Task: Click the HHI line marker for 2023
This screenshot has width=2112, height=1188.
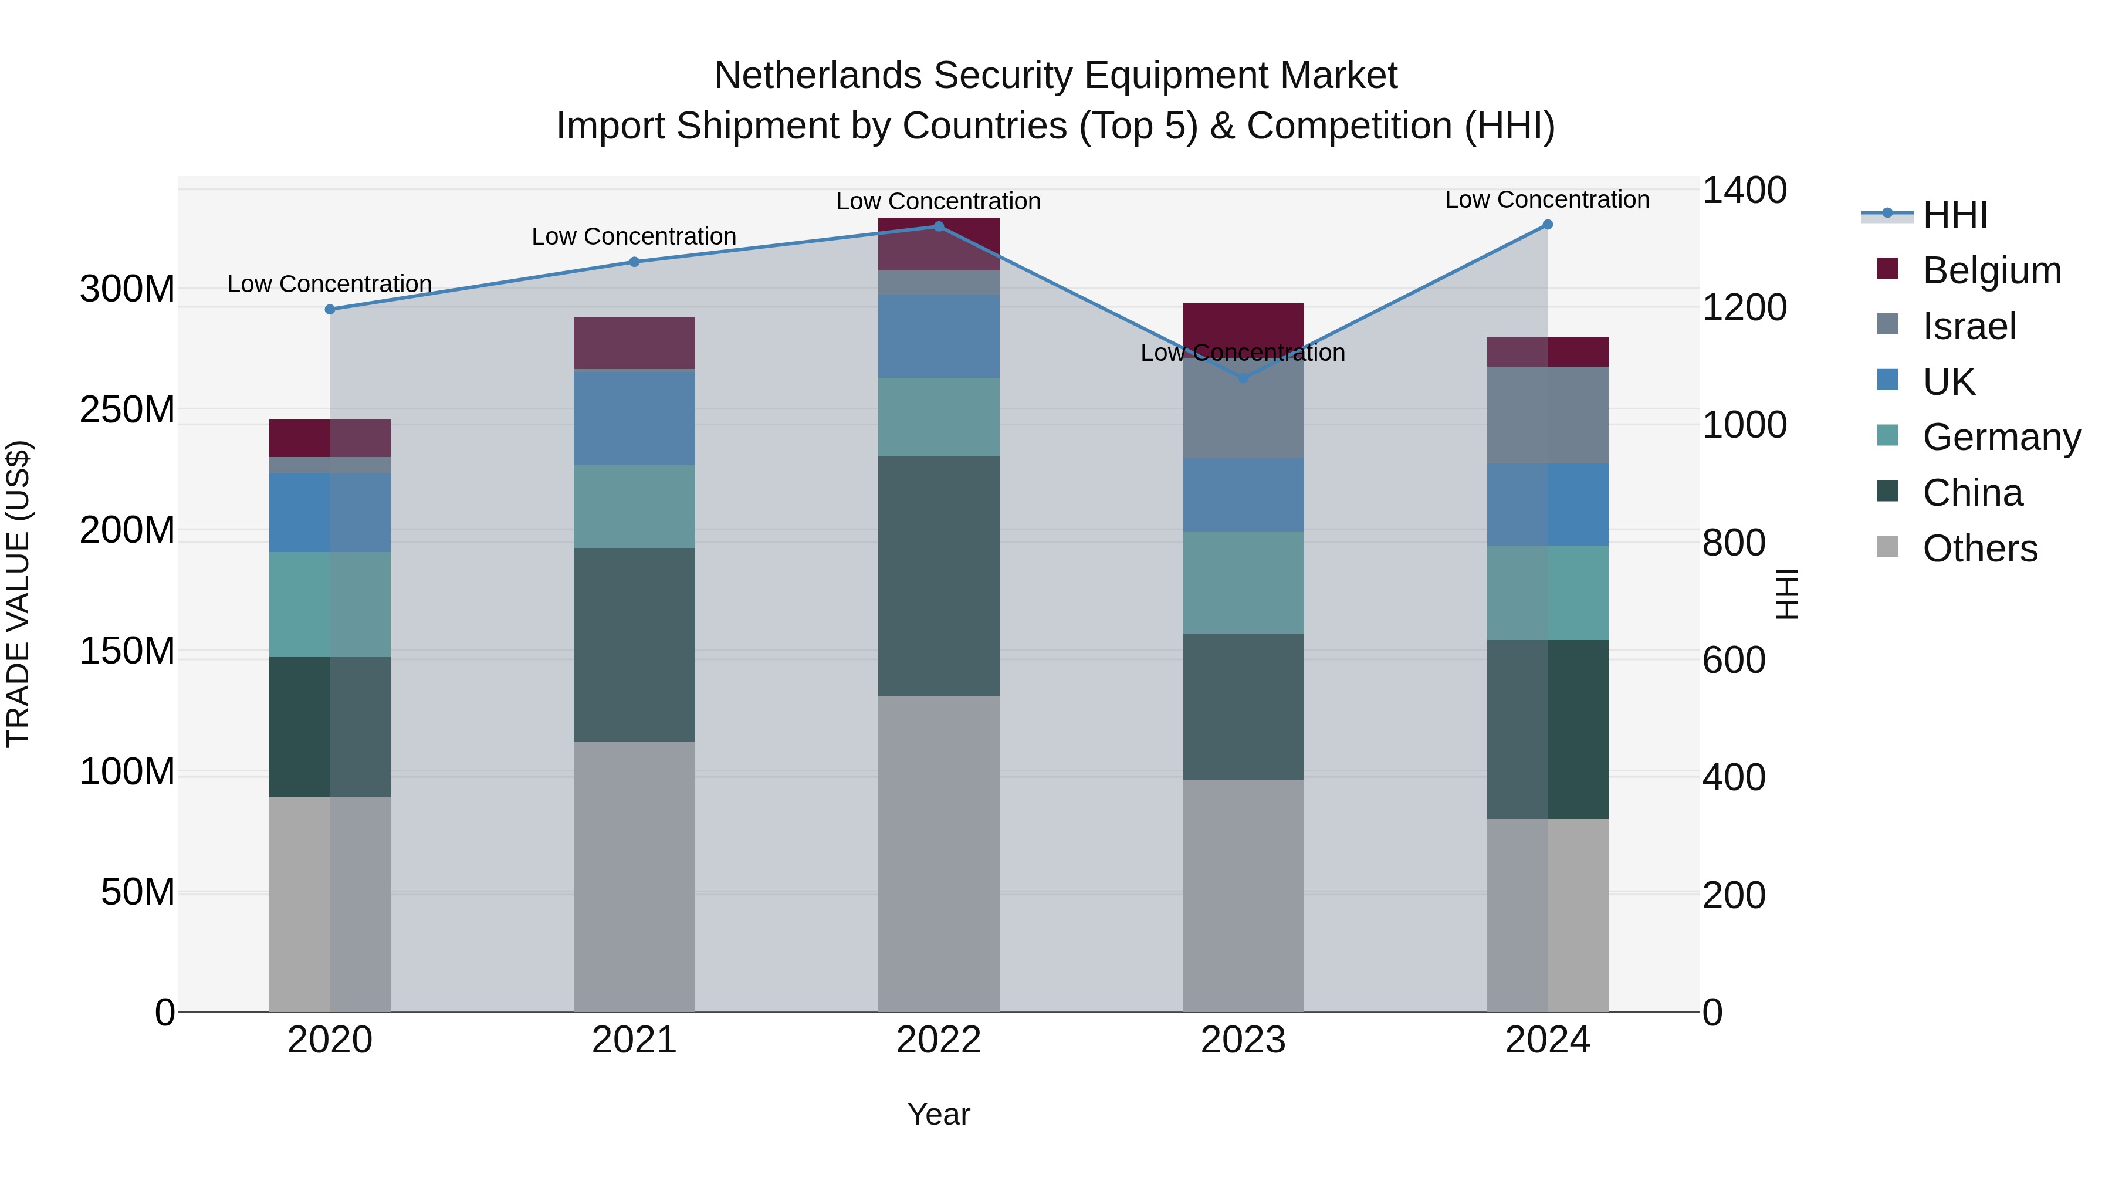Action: (x=1243, y=378)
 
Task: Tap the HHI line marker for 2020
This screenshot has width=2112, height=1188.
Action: (x=330, y=309)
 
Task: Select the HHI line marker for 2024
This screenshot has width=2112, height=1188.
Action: (x=1547, y=225)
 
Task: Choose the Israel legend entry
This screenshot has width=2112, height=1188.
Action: (x=1968, y=326)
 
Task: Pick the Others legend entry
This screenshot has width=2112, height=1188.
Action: (x=1979, y=549)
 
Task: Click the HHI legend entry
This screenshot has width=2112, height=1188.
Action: (x=1955, y=215)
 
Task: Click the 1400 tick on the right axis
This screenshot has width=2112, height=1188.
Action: (x=1744, y=190)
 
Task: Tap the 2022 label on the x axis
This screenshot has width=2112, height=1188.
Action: (x=938, y=1040)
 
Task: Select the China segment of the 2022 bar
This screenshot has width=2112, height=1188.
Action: (x=938, y=576)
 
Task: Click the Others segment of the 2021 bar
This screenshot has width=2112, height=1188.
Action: (x=634, y=876)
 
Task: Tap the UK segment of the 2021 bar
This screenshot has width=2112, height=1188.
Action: (x=634, y=417)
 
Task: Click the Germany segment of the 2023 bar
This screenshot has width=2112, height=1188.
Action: (x=1243, y=582)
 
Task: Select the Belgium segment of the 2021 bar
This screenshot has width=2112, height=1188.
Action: (x=634, y=343)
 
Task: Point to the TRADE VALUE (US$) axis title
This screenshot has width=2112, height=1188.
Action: (x=18, y=594)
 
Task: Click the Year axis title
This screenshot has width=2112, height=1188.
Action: (x=938, y=1114)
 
